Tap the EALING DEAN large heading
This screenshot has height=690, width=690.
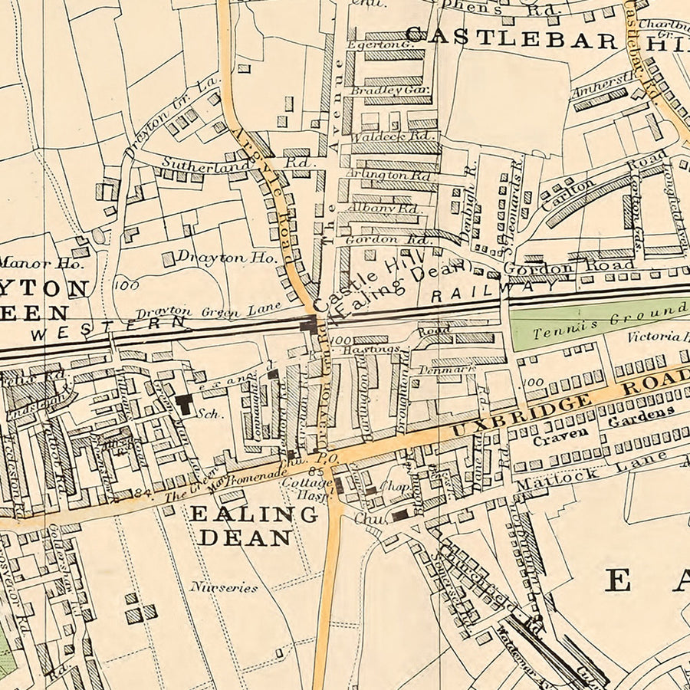[253, 525]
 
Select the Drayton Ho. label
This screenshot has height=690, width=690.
[225, 258]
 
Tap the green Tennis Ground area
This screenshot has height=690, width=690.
[598, 323]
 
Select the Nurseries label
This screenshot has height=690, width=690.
[225, 588]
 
